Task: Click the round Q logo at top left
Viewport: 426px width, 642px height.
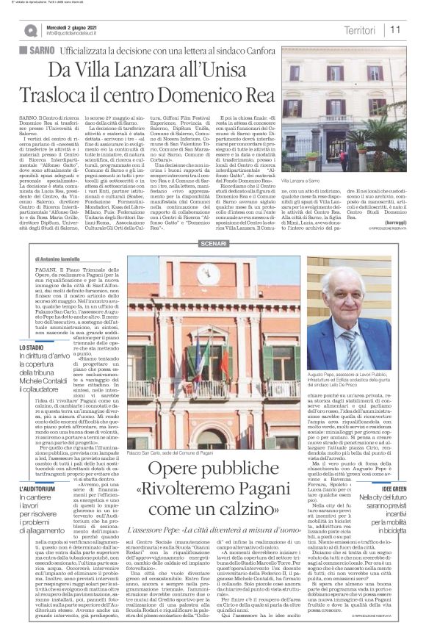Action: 30,30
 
